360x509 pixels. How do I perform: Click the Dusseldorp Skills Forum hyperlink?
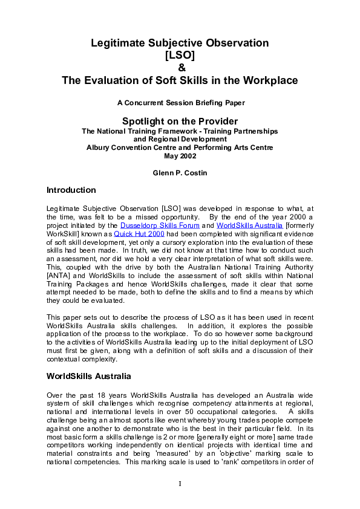coord(160,225)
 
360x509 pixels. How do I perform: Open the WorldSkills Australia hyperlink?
coord(249,225)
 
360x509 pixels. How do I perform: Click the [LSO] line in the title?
coord(180,55)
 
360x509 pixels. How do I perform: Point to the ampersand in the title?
coord(180,67)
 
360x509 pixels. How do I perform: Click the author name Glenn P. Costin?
coord(180,173)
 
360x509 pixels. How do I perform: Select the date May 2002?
coord(180,156)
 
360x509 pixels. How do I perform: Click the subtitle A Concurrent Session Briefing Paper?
coord(180,103)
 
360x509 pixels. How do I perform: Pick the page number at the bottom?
coord(180,484)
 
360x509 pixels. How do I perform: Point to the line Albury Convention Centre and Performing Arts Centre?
coord(180,148)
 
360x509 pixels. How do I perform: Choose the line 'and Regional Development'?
coord(180,139)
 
